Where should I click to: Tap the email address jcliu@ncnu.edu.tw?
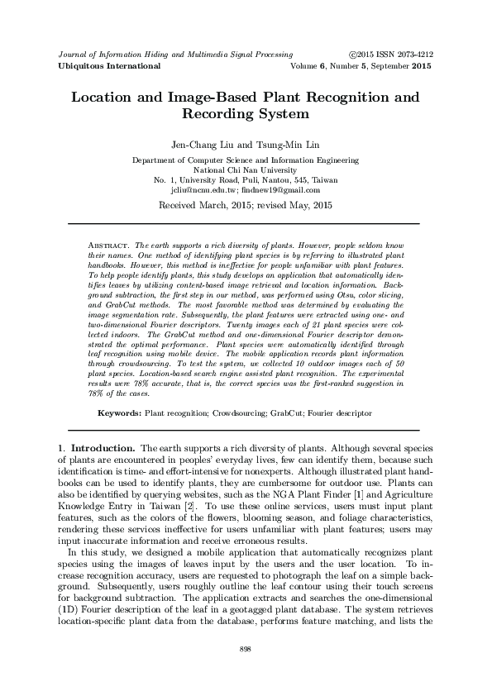point(208,189)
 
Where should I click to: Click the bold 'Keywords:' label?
point(120,412)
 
